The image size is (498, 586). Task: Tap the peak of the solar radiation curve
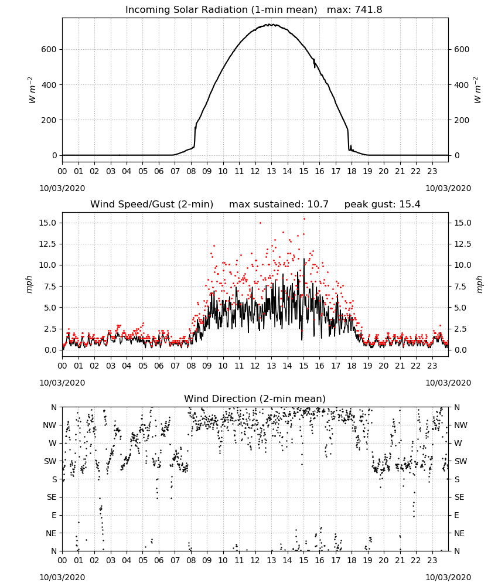pos(271,25)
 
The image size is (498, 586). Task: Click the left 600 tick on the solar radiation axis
pos(49,49)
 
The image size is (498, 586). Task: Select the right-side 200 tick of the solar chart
pos(462,120)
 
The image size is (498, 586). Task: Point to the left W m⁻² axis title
pos(32,90)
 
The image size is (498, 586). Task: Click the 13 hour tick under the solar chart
pos(271,171)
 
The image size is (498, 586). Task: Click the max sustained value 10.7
pos(318,204)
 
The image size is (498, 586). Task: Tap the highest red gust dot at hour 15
pos(304,219)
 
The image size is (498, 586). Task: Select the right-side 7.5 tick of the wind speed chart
pos(461,287)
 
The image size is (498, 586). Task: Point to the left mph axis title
pos(29,284)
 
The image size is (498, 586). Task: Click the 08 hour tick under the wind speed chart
pos(191,366)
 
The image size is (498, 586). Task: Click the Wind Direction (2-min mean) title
pos(255,398)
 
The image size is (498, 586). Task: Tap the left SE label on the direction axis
pos(52,497)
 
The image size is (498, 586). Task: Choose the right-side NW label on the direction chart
pos(461,425)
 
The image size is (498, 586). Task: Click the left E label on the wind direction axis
pos(54,515)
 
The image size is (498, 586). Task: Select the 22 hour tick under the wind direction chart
pos(416,560)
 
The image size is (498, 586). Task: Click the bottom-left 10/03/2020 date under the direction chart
pos(62,577)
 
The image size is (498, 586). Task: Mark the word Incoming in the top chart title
pos(144,10)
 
